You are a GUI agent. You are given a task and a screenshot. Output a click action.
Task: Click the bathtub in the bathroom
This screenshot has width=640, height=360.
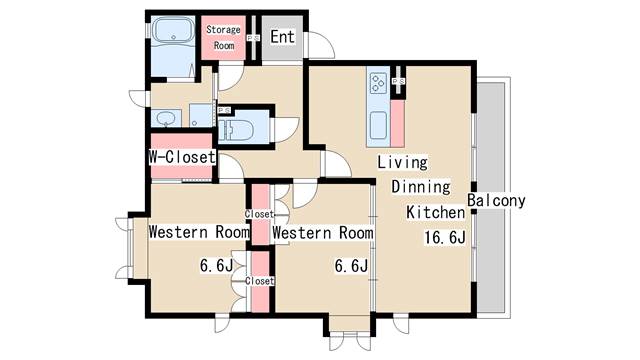pos(174,33)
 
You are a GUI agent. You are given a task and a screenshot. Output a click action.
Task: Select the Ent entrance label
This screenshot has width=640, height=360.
pos(281,39)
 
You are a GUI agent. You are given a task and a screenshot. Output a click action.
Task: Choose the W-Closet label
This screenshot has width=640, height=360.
pos(182,157)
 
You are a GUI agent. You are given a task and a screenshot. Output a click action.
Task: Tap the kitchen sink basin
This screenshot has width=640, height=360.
pos(378,125)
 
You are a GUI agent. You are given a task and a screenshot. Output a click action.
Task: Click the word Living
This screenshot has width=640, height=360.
pos(402,162)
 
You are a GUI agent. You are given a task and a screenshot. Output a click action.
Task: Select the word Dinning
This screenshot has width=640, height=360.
pos(420,187)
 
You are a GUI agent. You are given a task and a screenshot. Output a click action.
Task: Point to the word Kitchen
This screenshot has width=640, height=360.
pos(435,212)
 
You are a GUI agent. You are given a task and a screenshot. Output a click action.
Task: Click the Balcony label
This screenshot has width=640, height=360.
pos(496,200)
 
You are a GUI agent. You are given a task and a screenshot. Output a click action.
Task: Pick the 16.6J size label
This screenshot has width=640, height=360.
pos(444,238)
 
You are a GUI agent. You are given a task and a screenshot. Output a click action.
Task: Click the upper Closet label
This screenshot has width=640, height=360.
pos(259,214)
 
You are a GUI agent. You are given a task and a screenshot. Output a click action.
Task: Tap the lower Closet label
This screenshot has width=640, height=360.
pos(259,281)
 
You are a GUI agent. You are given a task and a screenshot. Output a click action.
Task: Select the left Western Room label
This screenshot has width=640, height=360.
pos(198,232)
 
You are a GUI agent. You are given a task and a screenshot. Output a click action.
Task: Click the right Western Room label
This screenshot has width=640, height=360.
pos(323,233)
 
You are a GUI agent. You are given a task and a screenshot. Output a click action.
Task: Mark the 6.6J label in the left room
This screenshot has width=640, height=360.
pos(215,266)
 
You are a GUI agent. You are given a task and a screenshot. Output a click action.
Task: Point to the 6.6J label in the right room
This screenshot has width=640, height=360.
pos(351,266)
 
